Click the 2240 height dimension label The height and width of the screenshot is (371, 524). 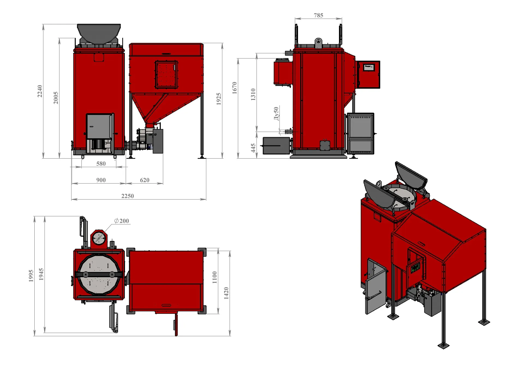(40, 91)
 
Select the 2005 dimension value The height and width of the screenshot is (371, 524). (56, 98)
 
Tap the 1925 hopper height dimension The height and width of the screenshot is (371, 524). (219, 99)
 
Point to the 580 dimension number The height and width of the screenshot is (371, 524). (101, 163)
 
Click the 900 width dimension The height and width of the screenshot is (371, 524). (101, 180)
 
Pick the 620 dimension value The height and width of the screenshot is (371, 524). (145, 180)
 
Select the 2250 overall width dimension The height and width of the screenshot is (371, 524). (127, 196)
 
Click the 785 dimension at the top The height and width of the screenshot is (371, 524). (318, 15)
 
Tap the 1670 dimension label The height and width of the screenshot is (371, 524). (234, 88)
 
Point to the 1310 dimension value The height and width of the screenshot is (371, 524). (253, 94)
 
